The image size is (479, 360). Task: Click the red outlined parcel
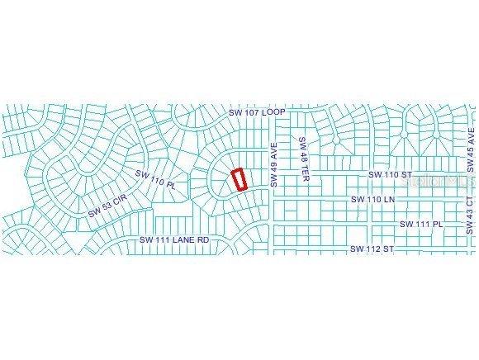[239, 180]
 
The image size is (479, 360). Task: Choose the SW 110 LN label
[372, 200]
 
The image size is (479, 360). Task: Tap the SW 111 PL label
[422, 224]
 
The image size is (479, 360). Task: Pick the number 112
[372, 248]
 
